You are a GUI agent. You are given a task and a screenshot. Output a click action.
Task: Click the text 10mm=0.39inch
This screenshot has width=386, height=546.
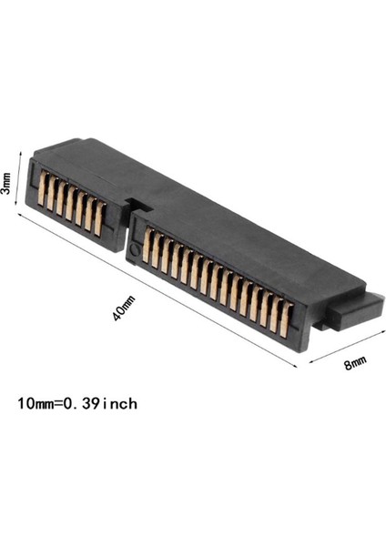(77, 401)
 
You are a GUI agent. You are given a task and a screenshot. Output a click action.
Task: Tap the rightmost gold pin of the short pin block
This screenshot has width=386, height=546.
(99, 218)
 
